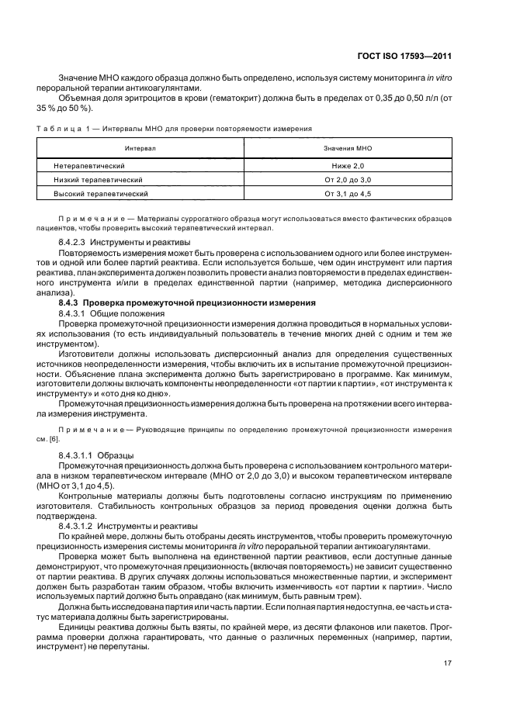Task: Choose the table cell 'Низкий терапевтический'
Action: (98, 179)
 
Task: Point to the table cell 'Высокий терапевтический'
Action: (100, 193)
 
